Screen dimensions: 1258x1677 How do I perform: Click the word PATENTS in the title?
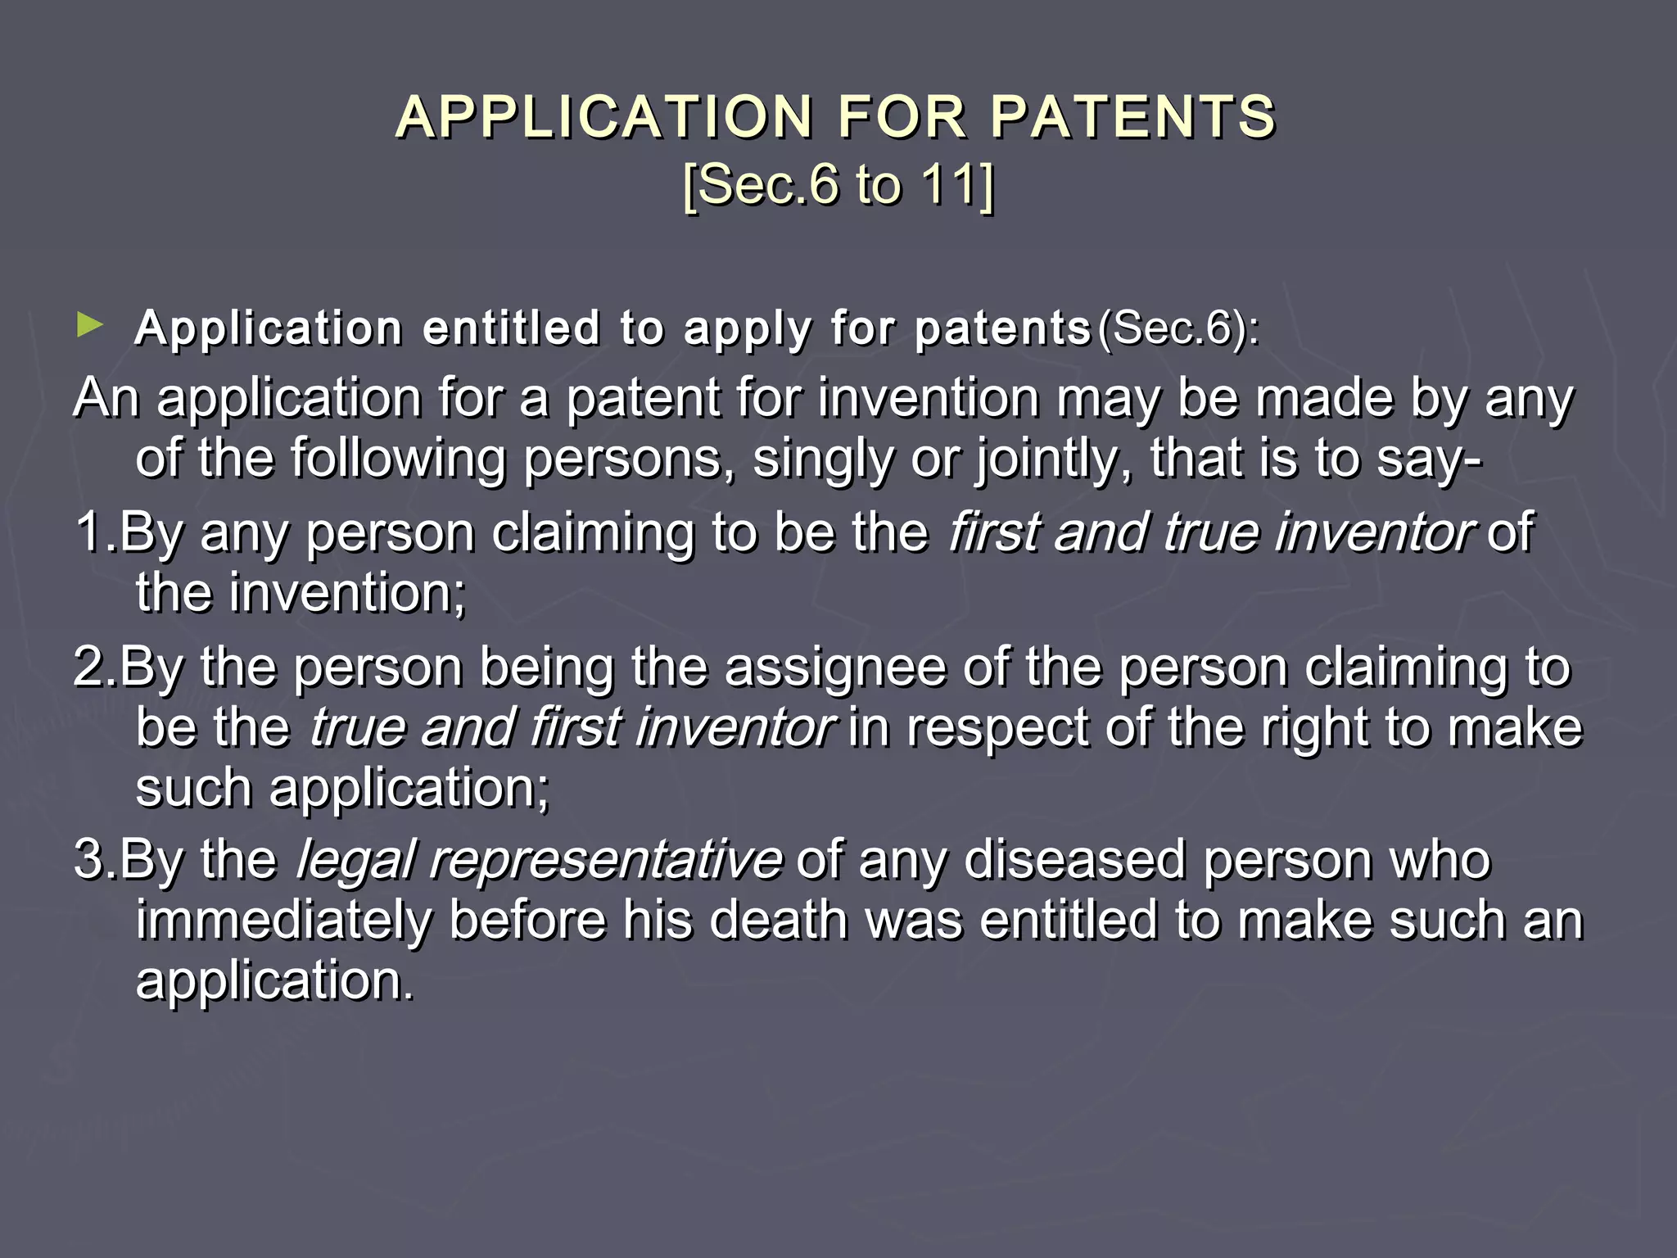1133,116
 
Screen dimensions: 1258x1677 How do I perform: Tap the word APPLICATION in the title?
603,116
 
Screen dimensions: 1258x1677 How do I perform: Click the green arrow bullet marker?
89,325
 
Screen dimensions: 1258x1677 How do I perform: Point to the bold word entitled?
512,328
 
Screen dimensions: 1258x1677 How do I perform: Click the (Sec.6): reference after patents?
1178,328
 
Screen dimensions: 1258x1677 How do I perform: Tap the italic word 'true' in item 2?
357,727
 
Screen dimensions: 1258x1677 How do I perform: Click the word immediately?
283,921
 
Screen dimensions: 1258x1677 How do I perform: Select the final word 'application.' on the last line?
274,981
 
